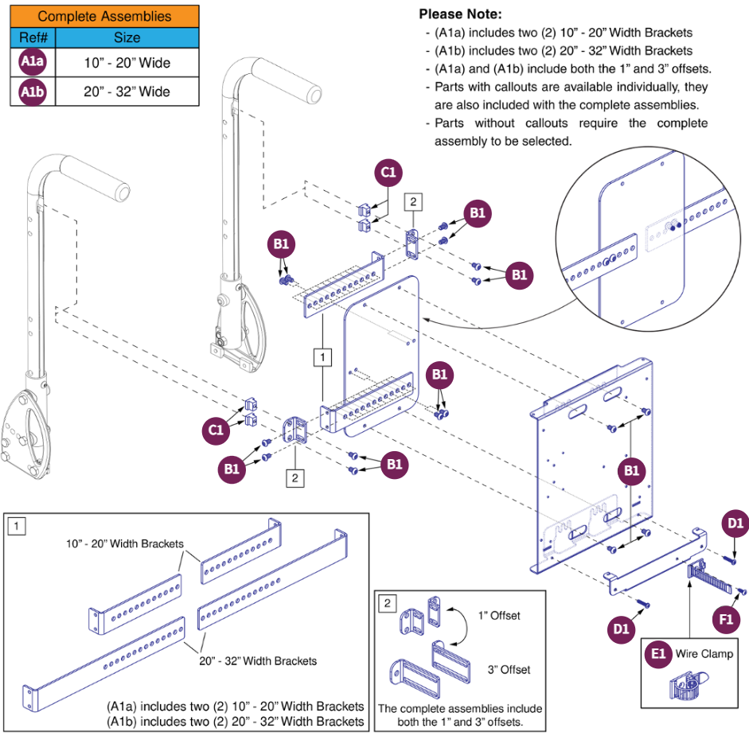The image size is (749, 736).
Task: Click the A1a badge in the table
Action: (x=33, y=63)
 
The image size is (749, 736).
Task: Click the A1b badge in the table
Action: (x=33, y=92)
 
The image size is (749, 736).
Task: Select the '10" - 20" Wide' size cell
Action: (x=127, y=63)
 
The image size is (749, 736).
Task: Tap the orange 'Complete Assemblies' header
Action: (x=104, y=16)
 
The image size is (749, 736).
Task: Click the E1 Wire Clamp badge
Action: (x=658, y=653)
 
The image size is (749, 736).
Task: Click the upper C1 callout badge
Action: (x=389, y=173)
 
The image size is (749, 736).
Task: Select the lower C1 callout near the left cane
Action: (x=215, y=430)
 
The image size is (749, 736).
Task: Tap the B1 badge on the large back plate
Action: (x=630, y=471)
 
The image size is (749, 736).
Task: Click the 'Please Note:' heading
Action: (x=460, y=15)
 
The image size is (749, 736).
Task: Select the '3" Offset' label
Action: (x=509, y=669)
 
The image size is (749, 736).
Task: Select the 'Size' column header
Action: (x=127, y=37)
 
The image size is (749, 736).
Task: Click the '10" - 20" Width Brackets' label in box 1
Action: (x=124, y=544)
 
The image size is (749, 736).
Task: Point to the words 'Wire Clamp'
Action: (x=704, y=654)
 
